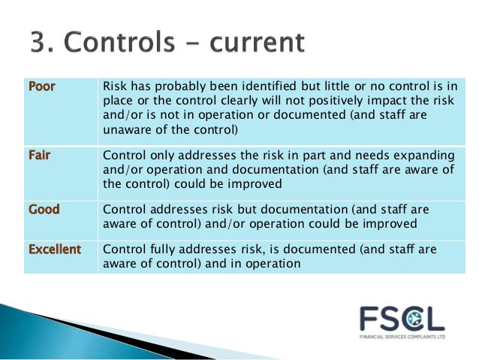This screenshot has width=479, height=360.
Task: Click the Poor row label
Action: (x=42, y=86)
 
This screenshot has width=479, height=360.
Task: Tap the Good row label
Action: (x=44, y=209)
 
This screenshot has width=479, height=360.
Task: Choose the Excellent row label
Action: (x=54, y=248)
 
